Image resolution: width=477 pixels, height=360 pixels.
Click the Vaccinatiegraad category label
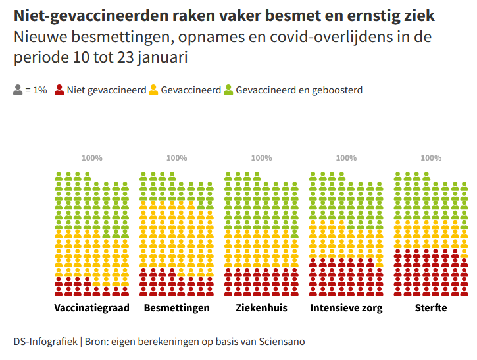tap(91, 308)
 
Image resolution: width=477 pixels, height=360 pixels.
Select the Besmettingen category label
tap(176, 308)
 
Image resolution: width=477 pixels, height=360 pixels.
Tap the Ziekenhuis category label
tap(261, 308)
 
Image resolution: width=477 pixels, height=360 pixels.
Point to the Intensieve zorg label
tap(346, 308)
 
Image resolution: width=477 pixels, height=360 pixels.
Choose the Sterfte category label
tap(431, 308)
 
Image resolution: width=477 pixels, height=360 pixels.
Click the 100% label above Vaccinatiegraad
tap(92, 158)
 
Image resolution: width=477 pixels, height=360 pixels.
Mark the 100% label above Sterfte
tap(431, 158)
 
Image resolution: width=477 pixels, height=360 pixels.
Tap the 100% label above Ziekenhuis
tap(261, 158)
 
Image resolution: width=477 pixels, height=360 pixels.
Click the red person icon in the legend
tap(59, 90)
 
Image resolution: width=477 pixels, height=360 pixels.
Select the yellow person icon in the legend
tap(154, 90)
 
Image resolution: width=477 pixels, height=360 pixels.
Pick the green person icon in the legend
tap(228, 90)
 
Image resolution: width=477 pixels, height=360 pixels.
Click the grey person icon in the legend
tap(18, 90)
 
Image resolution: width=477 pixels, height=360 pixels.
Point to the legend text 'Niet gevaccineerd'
tap(106, 90)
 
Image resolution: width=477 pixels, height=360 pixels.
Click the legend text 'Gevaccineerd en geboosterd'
tap(299, 90)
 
